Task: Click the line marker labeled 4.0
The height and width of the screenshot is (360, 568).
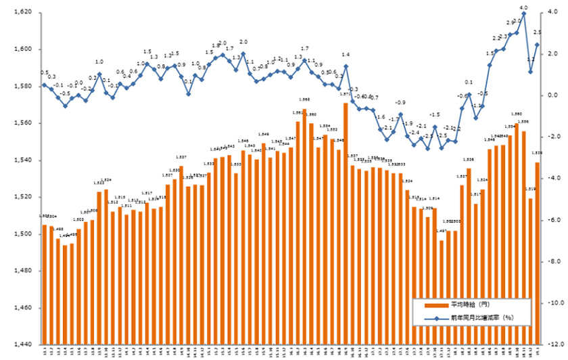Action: click(x=523, y=14)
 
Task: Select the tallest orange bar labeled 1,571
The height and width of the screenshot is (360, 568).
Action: click(x=346, y=203)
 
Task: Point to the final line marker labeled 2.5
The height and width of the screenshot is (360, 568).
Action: click(x=537, y=45)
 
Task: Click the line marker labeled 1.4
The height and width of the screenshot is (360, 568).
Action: click(x=346, y=66)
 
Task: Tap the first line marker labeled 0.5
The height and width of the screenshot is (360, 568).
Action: click(x=45, y=85)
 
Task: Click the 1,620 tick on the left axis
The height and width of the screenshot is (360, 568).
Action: click(x=21, y=13)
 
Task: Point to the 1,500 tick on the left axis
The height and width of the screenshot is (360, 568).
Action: click(x=21, y=234)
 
